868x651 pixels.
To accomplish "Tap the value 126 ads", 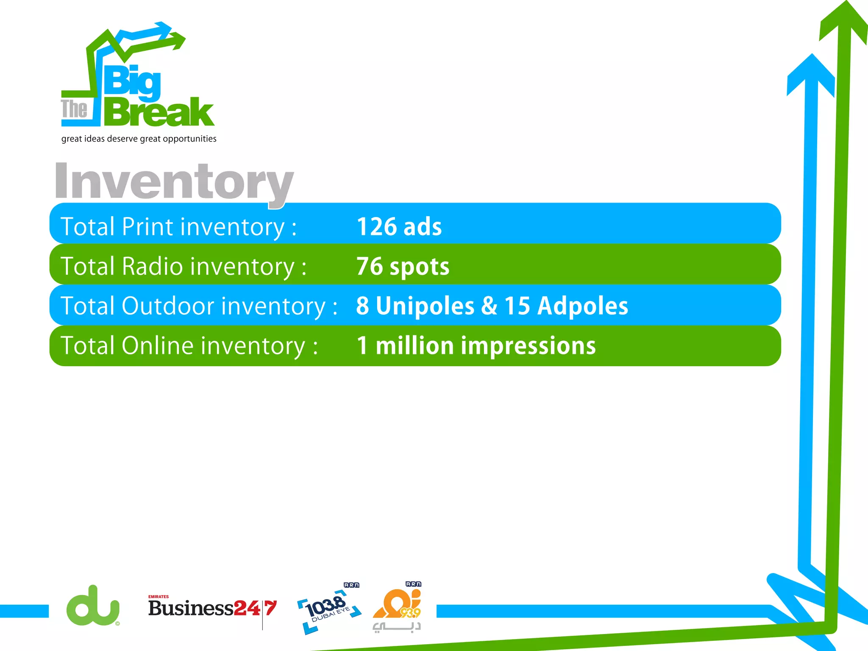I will pos(399,227).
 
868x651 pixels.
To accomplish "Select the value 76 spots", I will pos(403,267).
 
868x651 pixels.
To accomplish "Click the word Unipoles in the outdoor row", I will pos(425,306).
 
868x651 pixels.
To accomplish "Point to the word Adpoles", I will pos(583,306).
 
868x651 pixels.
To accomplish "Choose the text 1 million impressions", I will pos(476,345).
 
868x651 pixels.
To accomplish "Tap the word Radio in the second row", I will pos(153,267).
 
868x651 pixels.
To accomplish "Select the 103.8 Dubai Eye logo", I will pos(328,610).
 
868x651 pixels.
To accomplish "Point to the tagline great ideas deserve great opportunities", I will pos(139,139).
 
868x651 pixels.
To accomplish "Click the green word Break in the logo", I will pos(159,112).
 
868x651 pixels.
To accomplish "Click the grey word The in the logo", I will pos(74,109).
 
